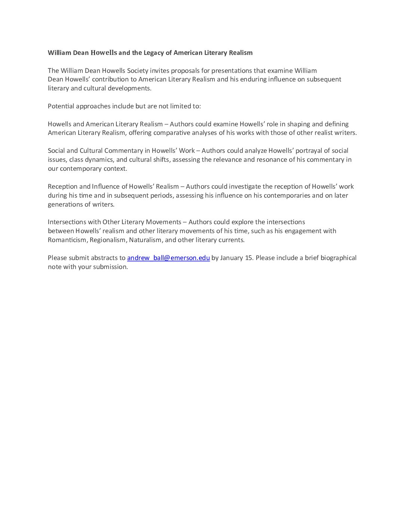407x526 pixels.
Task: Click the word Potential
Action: click(x=61, y=106)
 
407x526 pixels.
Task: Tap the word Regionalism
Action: click(x=108, y=240)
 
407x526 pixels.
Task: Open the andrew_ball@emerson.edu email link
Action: click(x=168, y=258)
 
